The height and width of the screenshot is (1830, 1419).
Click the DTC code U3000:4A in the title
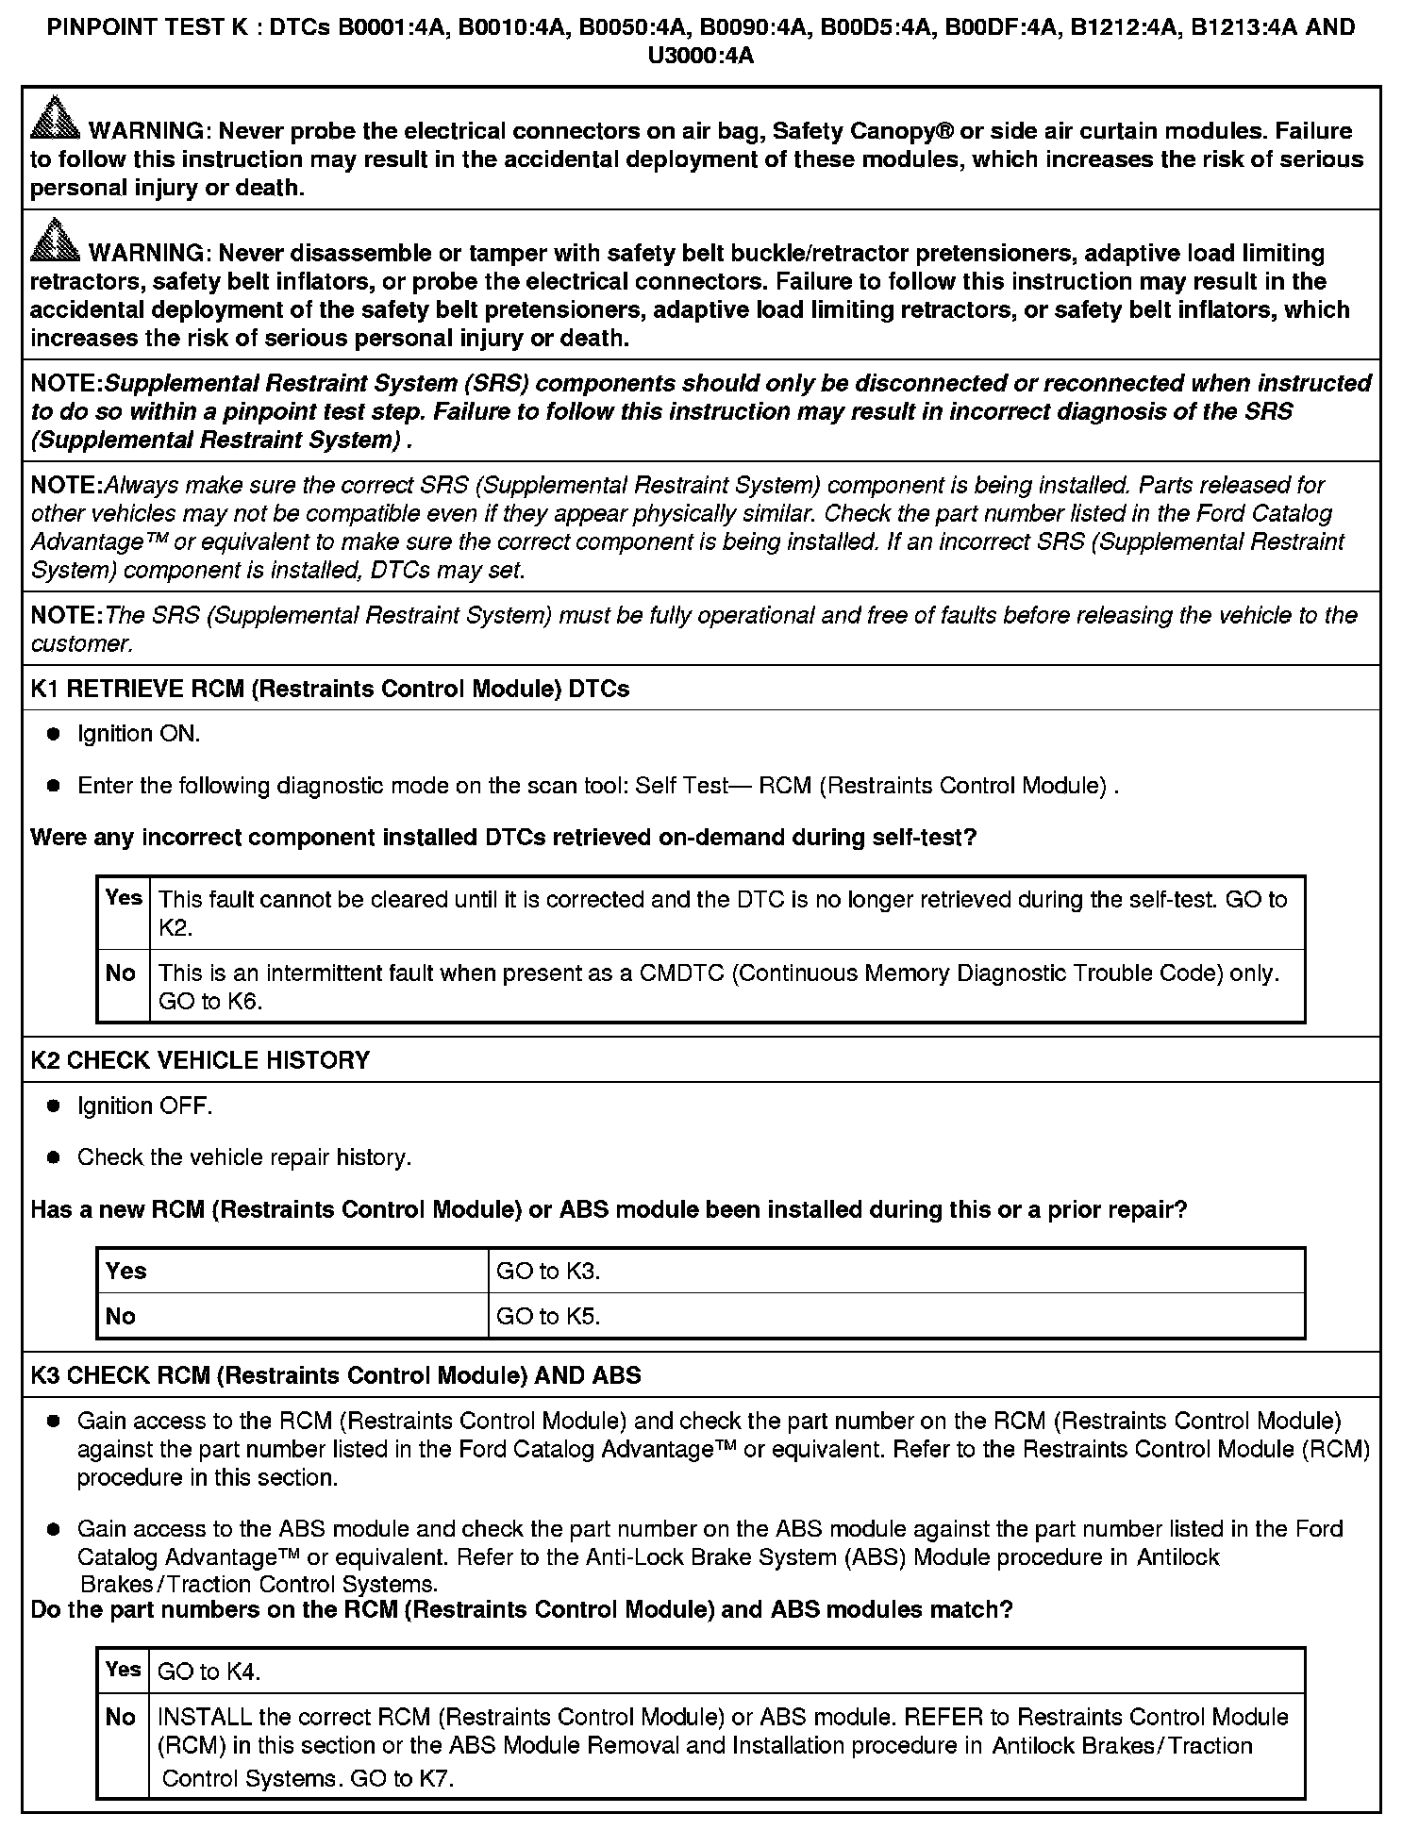701,57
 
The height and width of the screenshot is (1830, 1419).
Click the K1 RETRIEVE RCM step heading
329,689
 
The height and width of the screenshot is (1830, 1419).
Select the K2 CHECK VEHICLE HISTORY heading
200,1060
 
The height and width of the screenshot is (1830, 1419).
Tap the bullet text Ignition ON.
139,734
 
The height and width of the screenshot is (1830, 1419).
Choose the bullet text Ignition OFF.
144,1106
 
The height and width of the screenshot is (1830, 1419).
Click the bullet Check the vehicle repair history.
244,1157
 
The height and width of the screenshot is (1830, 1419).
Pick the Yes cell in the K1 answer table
124,897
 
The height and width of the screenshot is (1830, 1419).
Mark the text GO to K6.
209,1002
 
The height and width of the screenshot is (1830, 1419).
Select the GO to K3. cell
548,1272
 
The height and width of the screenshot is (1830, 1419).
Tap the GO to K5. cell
548,1317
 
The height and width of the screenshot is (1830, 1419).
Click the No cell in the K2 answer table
121,1317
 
